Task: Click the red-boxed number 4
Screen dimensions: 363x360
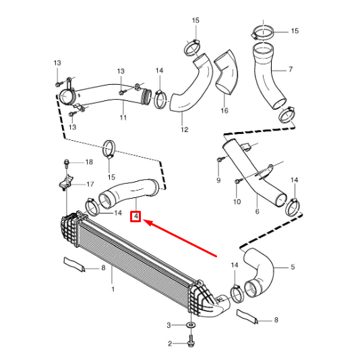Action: pyautogui.click(x=136, y=217)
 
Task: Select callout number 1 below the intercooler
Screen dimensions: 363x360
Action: pyautogui.click(x=113, y=289)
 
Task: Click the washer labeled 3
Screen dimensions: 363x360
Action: pyautogui.click(x=191, y=326)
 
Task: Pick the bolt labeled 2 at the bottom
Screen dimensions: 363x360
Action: pyautogui.click(x=191, y=343)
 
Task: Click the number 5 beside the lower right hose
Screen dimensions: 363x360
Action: pyautogui.click(x=293, y=267)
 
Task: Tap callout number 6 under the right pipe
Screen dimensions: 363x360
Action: pyautogui.click(x=257, y=211)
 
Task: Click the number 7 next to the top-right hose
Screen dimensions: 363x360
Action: pyautogui.click(x=290, y=69)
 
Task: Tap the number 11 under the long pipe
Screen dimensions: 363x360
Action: pyautogui.click(x=123, y=118)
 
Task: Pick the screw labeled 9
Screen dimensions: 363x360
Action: pyautogui.click(x=220, y=160)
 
